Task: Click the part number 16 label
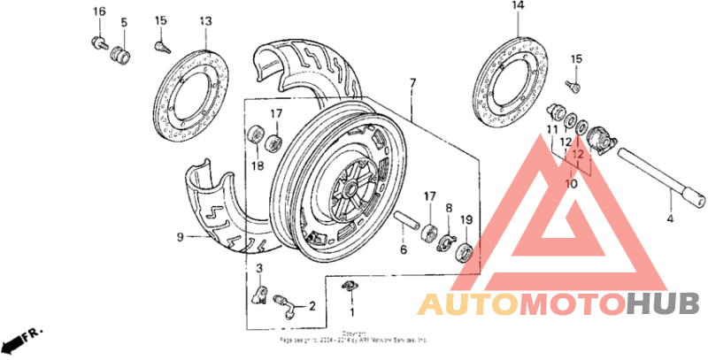pos(99,11)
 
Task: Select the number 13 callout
pos(205,20)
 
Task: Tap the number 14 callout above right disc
pos(518,6)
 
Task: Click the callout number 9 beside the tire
pos(180,236)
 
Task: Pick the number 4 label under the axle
pos(669,218)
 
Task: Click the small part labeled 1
pos(349,286)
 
